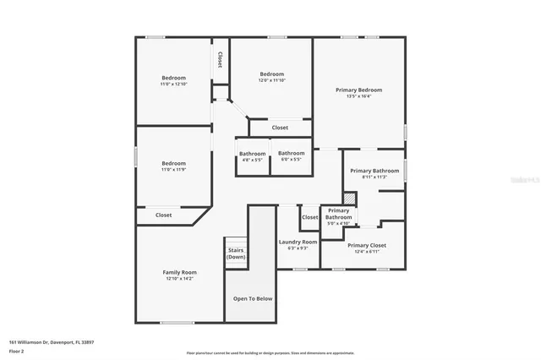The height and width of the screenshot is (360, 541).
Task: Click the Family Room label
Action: pos(179,272)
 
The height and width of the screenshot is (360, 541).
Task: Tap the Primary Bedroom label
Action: pos(358,90)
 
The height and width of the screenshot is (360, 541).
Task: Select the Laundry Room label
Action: pos(297,242)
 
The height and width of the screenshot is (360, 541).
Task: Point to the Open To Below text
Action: pos(253,298)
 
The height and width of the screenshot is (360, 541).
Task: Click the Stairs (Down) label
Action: pos(236,254)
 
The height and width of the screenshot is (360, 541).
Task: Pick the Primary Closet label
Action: pos(366,245)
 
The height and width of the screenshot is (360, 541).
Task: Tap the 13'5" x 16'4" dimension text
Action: pos(358,96)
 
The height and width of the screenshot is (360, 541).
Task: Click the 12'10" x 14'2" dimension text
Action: pos(179,278)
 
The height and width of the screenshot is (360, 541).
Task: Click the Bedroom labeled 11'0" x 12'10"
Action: pos(172,78)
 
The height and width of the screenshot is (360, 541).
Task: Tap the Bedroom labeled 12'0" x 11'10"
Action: pos(272,74)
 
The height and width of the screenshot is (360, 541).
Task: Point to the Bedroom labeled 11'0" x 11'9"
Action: pos(173,163)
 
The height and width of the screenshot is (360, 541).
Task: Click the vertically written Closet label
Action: pos(220,60)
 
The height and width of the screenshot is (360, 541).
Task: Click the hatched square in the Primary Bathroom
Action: pos(351,198)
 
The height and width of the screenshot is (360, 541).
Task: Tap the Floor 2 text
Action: pos(16,350)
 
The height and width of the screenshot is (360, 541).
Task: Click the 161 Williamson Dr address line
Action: pos(51,341)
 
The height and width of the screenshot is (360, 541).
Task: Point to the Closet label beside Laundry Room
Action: pos(310,217)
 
